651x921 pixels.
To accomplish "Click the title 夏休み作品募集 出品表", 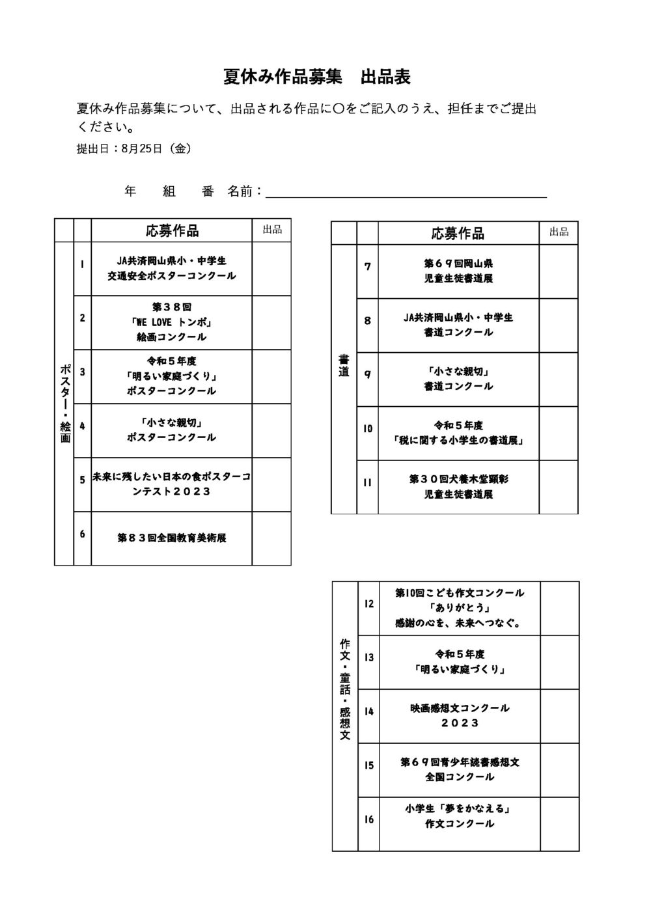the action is [316, 77].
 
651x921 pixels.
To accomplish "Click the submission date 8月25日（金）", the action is [157, 148].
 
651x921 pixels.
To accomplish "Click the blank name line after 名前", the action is [406, 198].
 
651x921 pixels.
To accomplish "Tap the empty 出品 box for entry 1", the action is [271, 268].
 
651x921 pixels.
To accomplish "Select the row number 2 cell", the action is [82, 323].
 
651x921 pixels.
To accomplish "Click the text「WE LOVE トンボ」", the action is [171, 322].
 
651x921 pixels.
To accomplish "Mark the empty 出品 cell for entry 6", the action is [271, 538].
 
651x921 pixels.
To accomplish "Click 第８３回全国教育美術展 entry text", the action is [171, 538].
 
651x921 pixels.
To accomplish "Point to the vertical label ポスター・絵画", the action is [65, 403].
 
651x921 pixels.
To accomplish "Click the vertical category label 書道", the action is [344, 366].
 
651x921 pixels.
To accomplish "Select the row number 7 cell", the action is [367, 272].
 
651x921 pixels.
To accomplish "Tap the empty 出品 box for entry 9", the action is [558, 379].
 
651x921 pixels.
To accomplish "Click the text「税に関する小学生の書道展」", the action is [458, 441].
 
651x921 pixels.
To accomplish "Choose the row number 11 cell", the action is [367, 488].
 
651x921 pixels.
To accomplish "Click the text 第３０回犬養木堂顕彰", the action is [458, 479].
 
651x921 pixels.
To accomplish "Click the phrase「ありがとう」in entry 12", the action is [460, 608].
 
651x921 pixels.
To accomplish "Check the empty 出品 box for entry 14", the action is [559, 716].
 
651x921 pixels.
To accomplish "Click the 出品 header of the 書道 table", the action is [559, 232].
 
